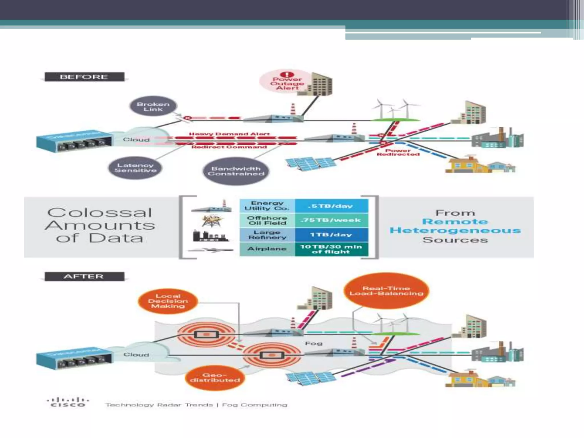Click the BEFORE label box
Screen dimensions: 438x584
[x=84, y=77]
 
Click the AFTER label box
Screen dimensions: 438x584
[x=84, y=277]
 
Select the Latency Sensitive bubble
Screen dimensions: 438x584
[x=135, y=168]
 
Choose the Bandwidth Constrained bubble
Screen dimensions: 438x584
[x=236, y=171]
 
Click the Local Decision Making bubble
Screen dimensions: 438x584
[x=168, y=301]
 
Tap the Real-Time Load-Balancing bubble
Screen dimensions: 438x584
[x=386, y=291]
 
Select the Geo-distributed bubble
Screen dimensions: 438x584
[x=215, y=378]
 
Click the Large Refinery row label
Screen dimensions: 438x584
[x=267, y=235]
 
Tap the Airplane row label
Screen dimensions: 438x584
[x=267, y=249]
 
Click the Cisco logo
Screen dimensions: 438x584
[x=68, y=402]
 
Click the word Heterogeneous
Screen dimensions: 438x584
[x=455, y=230]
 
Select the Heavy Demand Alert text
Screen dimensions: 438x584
[x=229, y=134]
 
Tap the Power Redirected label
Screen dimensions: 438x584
[x=398, y=153]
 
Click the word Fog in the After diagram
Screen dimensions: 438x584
[x=314, y=343]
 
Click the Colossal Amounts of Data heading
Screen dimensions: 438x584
[x=100, y=225]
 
